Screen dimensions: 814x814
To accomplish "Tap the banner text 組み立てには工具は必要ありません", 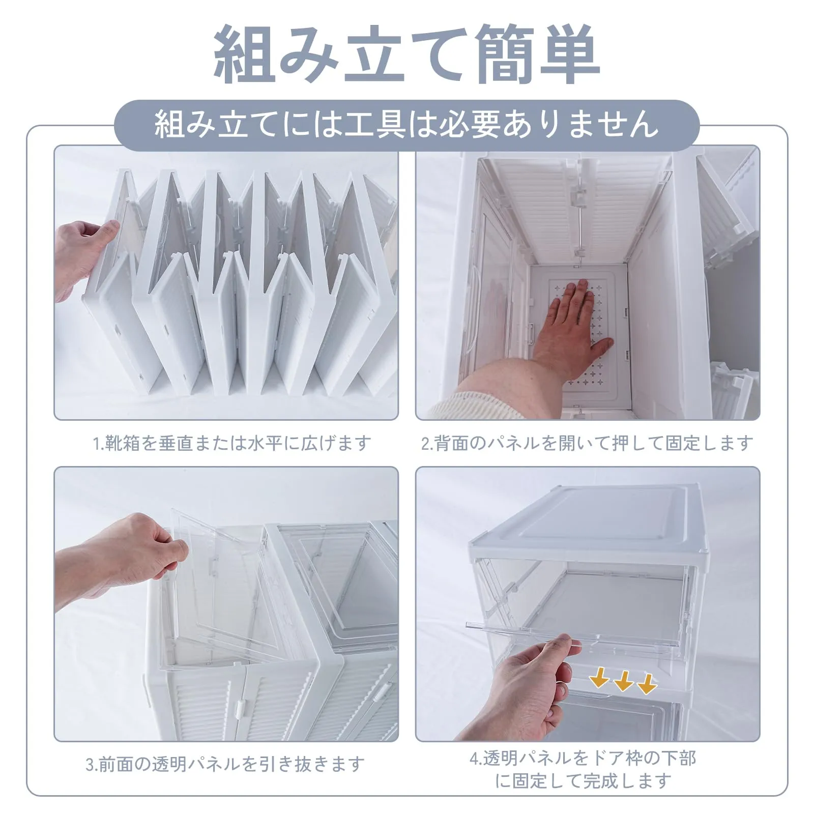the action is point(406,124).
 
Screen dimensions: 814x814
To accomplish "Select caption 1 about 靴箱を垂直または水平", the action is point(231,443).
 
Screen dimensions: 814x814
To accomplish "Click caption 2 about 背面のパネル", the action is point(587,443).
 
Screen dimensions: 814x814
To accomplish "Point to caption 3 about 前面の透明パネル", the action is point(225,764).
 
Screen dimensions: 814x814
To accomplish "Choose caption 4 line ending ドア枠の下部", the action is point(583,758).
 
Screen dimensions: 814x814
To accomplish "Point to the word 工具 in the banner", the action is point(375,124).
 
